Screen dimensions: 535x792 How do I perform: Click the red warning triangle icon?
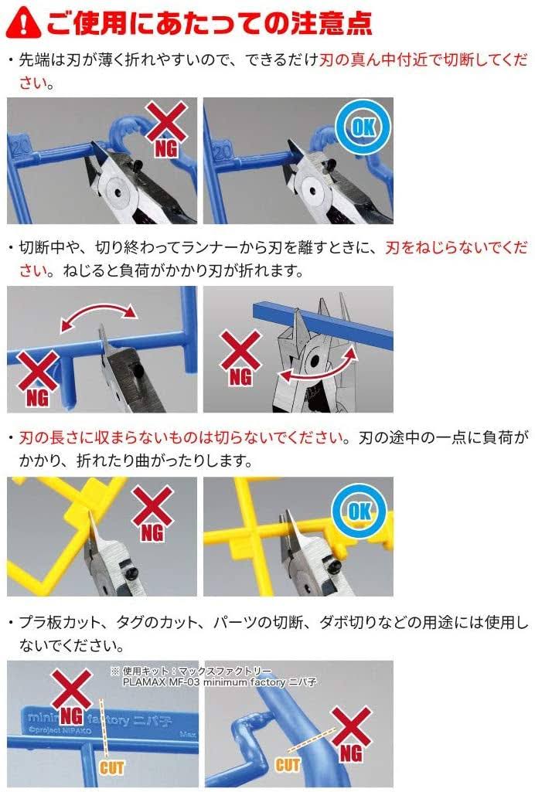pyautogui.click(x=23, y=22)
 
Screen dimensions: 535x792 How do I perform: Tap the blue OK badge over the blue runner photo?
pyautogui.click(x=363, y=126)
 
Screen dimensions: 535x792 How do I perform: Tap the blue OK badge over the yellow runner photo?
pyautogui.click(x=360, y=512)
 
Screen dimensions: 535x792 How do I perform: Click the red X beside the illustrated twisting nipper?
pyautogui.click(x=241, y=349)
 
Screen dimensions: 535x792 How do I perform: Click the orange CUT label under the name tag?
pyautogui.click(x=111, y=767)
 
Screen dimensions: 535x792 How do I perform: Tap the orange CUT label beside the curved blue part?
pyautogui.click(x=288, y=765)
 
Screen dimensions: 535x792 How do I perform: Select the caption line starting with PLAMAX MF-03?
pyautogui.click(x=220, y=682)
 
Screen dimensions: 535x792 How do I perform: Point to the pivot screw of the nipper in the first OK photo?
pyautogui.click(x=313, y=192)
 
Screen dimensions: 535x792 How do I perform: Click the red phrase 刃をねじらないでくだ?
pyautogui.click(x=456, y=247)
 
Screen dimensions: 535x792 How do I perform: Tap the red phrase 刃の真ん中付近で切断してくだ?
pyautogui.click(x=424, y=60)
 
